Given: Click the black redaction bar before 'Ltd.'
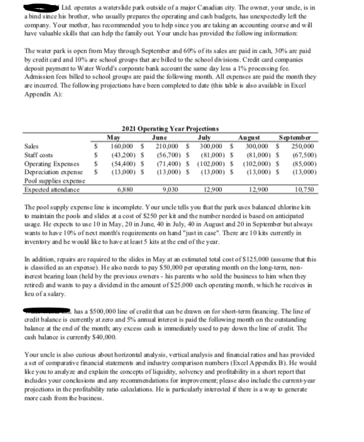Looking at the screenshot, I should (44, 7).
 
